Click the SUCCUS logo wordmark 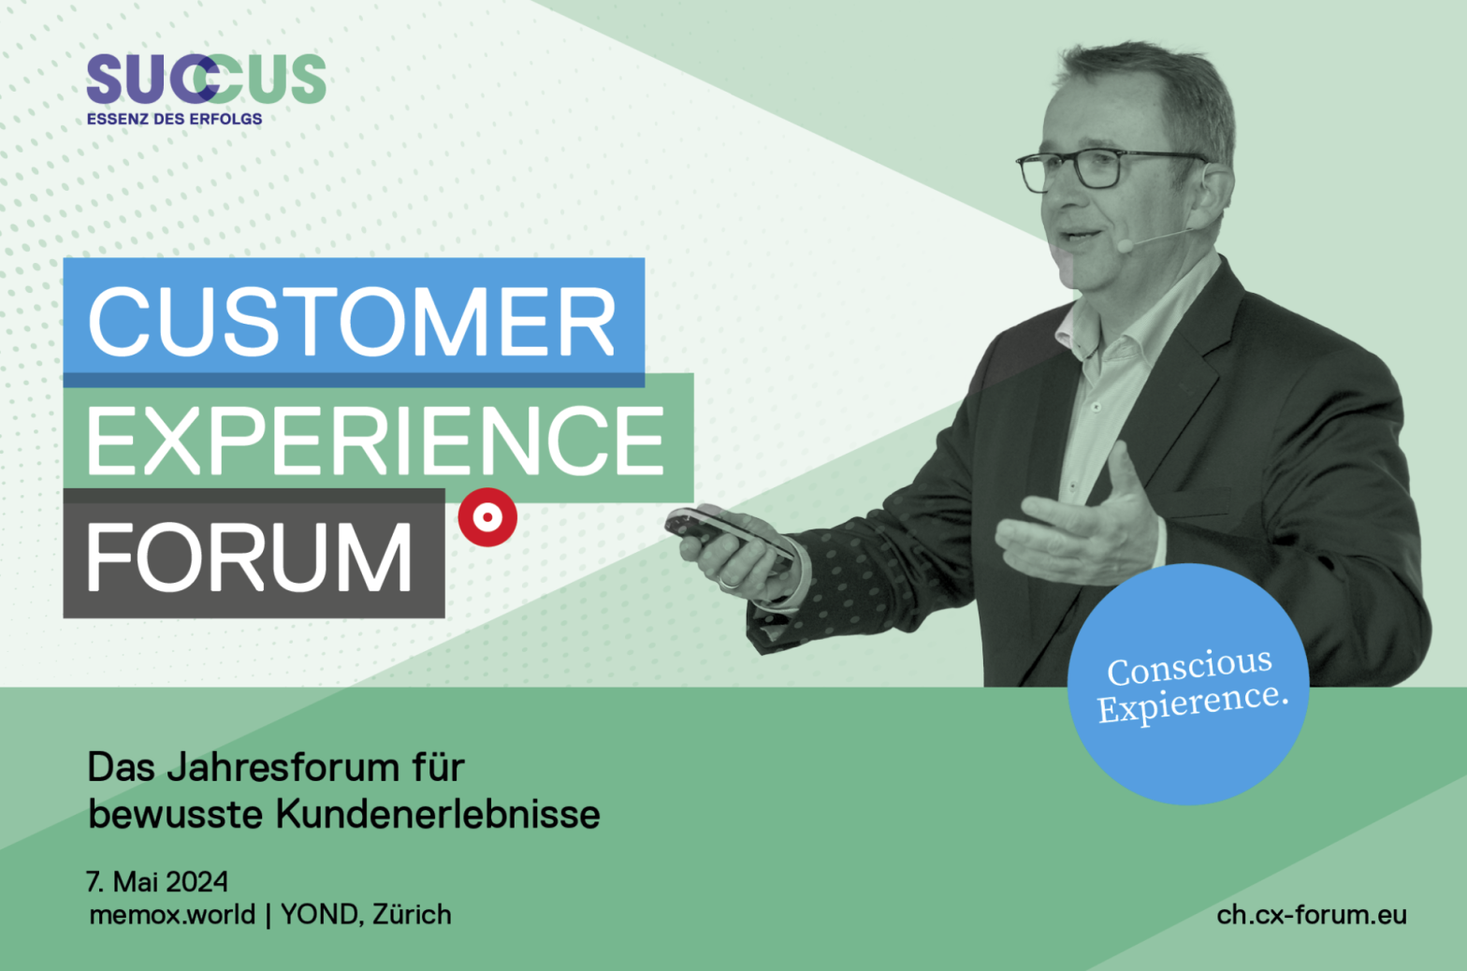click(206, 79)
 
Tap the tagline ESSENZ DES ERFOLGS click(174, 119)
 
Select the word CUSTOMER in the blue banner click(352, 321)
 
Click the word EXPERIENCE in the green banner click(376, 440)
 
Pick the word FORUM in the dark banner click(249, 558)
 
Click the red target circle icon click(487, 517)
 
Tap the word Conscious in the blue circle click(1189, 666)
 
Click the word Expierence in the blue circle click(1192, 702)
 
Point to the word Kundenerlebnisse click(438, 815)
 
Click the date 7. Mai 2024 click(157, 881)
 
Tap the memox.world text click(172, 914)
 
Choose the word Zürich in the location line click(412, 914)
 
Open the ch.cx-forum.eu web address click(1312, 914)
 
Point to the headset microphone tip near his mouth click(1126, 245)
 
